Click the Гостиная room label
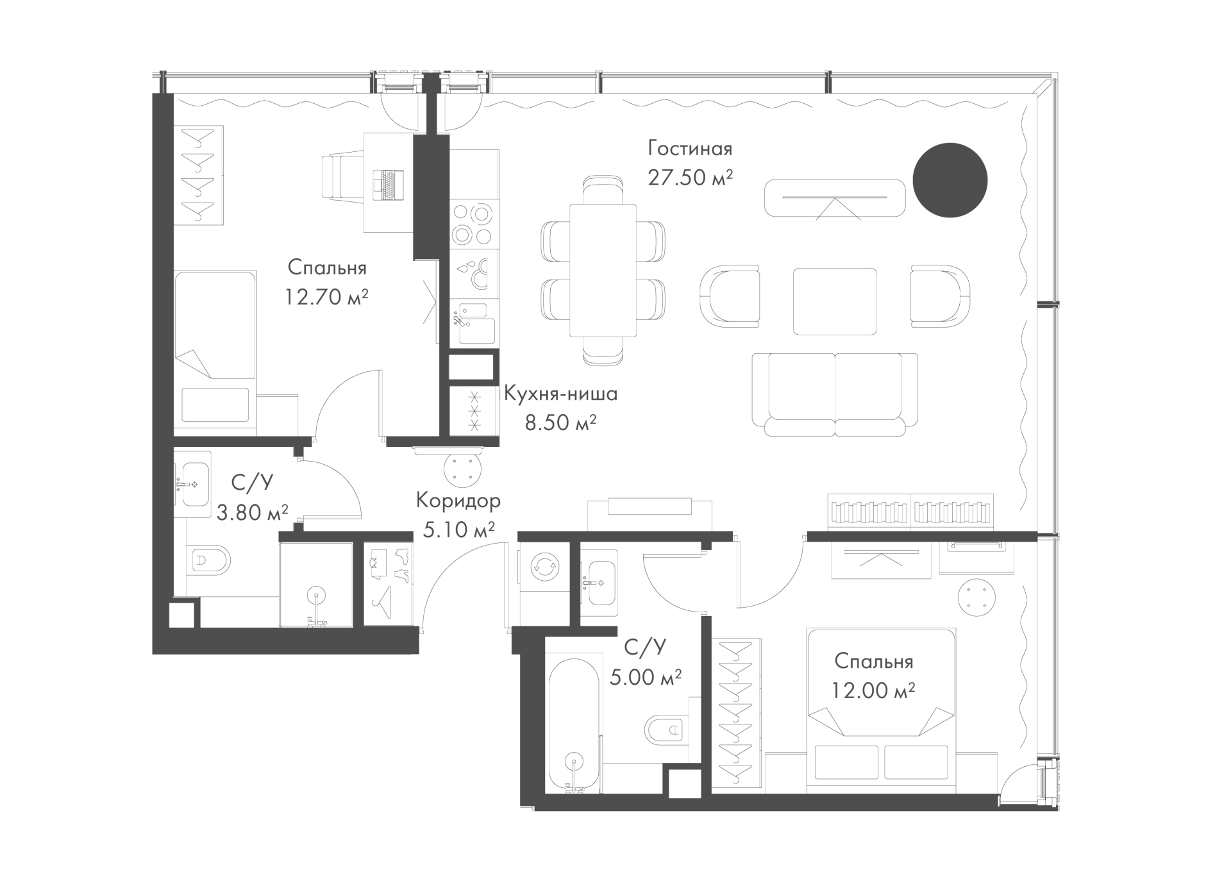click(690, 149)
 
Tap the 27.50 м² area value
click(690, 178)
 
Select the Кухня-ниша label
click(561, 394)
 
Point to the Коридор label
click(458, 500)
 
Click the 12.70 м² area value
click(327, 297)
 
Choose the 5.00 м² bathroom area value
click(646, 677)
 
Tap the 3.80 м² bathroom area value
click(252, 512)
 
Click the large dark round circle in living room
click(950, 180)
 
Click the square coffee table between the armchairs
click(835, 301)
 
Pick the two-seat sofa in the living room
click(835, 394)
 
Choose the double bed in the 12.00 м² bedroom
click(882, 711)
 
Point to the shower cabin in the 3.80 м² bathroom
click(316, 585)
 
